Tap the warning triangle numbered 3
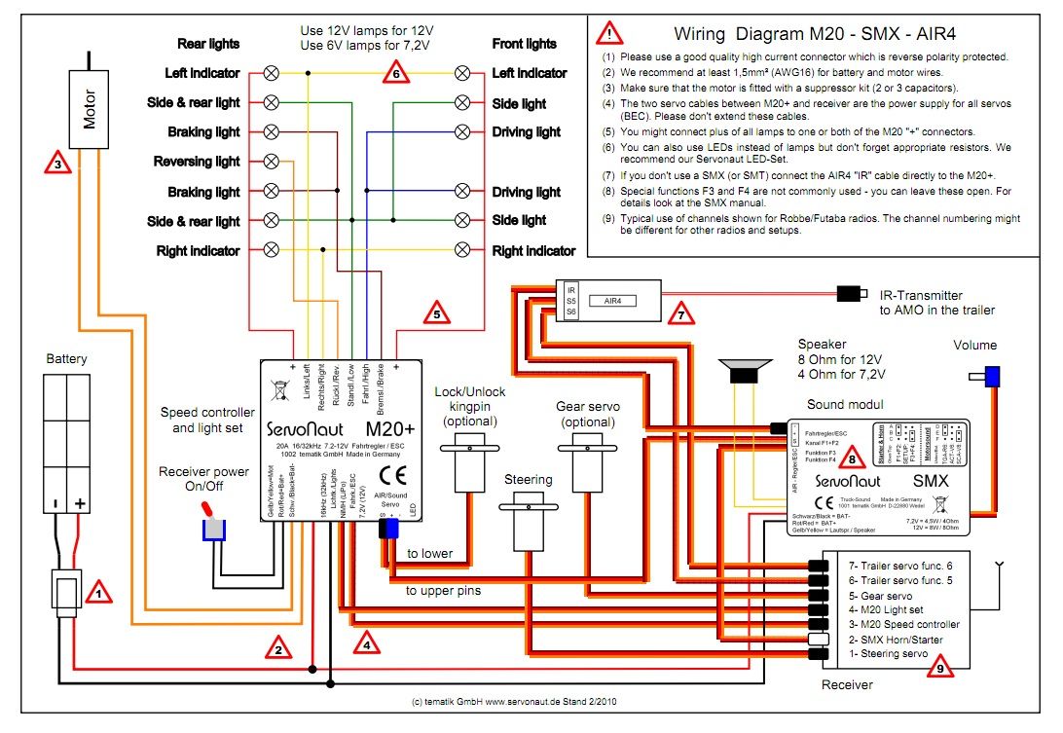point(57,164)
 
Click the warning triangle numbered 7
point(681,315)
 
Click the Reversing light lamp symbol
point(272,162)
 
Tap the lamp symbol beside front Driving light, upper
point(463,131)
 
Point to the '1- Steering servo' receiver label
point(889,653)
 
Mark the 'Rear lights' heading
point(208,44)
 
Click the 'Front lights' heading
point(525,44)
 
